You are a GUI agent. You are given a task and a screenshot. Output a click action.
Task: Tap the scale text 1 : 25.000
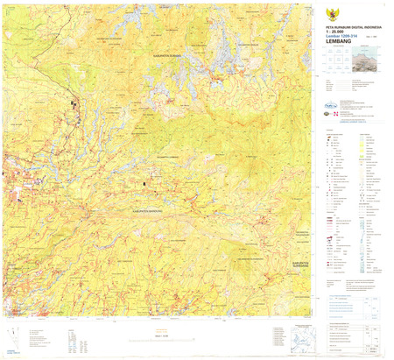(x=334, y=28)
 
